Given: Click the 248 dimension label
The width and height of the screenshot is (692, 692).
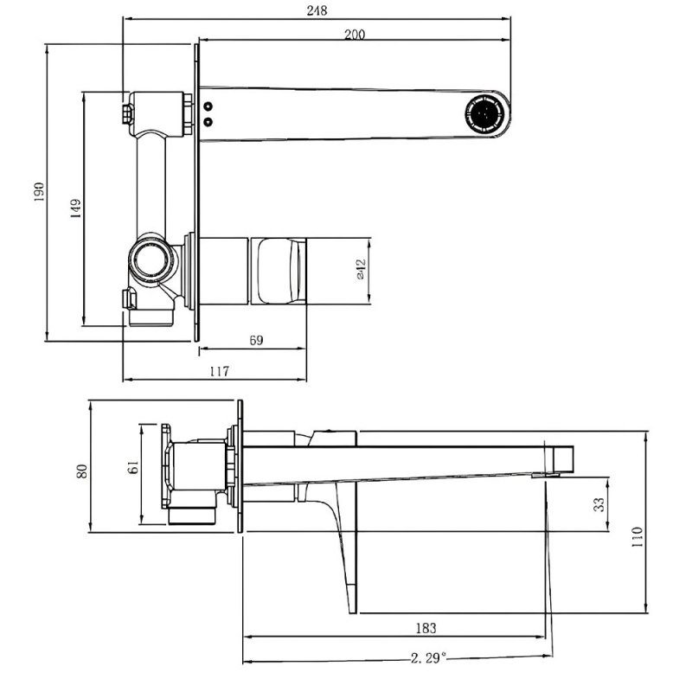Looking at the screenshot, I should [x=317, y=10].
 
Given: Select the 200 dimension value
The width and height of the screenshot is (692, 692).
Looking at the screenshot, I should [x=355, y=34].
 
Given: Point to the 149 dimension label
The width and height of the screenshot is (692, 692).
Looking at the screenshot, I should [x=76, y=208].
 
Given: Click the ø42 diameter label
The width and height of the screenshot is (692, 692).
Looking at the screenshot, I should [x=362, y=269].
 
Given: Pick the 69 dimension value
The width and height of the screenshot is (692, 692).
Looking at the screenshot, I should [x=256, y=341].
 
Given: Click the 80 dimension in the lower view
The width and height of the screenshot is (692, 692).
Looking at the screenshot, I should [x=82, y=470].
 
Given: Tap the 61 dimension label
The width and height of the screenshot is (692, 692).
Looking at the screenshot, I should [x=133, y=468].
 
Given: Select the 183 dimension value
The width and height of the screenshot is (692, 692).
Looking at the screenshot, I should [x=425, y=628].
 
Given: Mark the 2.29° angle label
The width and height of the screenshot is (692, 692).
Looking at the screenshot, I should [x=429, y=658].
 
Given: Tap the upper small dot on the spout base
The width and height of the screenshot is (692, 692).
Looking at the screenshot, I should [x=208, y=107].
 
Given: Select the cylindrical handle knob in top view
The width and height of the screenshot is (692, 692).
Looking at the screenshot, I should [x=279, y=269].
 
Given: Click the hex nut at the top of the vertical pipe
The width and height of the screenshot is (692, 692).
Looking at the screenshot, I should [x=127, y=113].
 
